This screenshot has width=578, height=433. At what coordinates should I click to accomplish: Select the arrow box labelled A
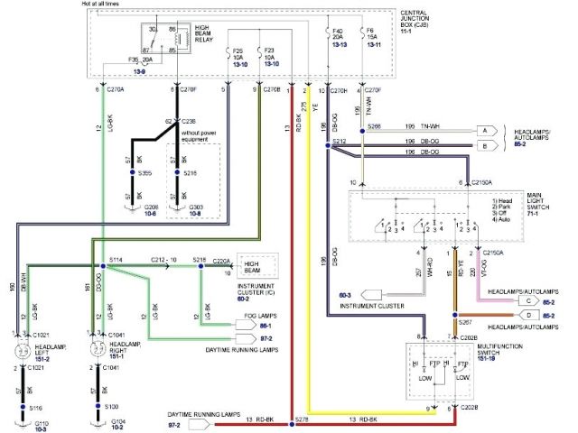tap(485, 131)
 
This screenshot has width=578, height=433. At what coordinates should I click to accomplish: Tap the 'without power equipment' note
tap(205, 136)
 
